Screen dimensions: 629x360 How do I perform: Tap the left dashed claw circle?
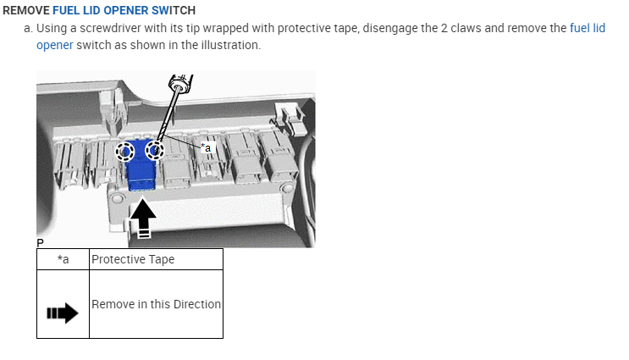[125, 152]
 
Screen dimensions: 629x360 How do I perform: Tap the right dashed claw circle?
[155, 151]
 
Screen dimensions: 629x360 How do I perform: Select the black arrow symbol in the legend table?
[62, 314]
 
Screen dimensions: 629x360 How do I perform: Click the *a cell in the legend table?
[63, 259]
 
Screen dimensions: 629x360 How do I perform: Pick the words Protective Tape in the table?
[133, 259]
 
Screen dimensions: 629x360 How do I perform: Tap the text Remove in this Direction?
[156, 304]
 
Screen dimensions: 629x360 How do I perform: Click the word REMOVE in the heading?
[25, 11]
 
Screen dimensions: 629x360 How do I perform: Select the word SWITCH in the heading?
[173, 11]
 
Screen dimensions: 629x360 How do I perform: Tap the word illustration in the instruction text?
[229, 44]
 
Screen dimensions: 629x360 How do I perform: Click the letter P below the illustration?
[40, 243]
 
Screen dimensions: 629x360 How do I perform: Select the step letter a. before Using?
[29, 28]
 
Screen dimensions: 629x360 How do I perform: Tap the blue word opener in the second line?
[54, 44]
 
